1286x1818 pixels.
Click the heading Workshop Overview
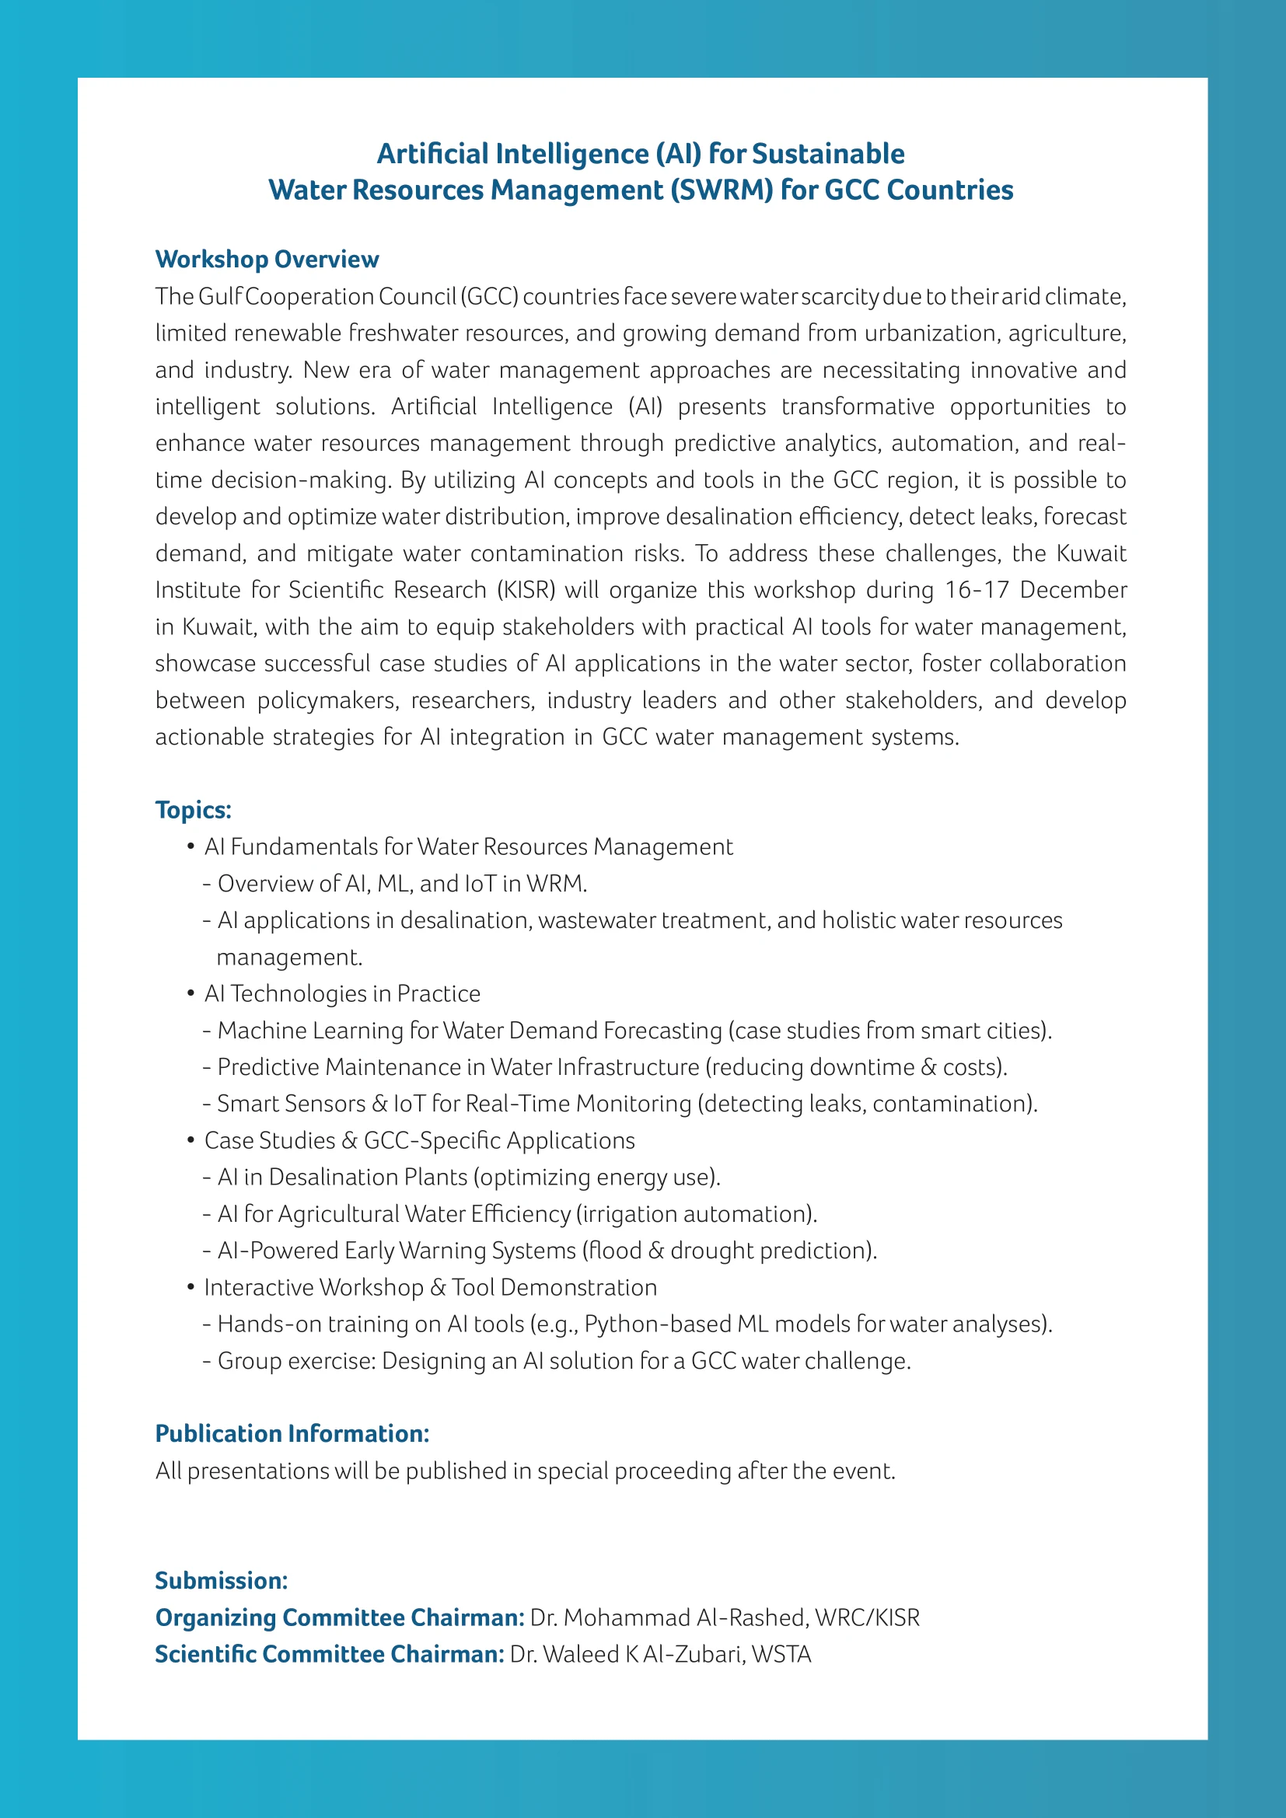coord(267,260)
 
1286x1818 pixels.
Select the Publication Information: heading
coord(292,1434)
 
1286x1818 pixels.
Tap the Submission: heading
coord(221,1580)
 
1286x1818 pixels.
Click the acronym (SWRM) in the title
coord(721,191)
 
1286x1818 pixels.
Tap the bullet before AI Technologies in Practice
coord(190,994)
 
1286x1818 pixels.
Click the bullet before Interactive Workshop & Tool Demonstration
coord(190,1287)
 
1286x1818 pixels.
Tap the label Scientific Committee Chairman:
coord(330,1654)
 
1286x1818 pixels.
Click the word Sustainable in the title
coord(827,154)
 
